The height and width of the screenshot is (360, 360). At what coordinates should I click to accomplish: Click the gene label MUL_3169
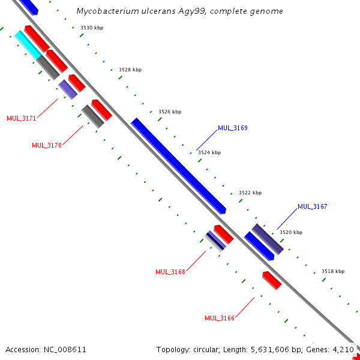coord(233,128)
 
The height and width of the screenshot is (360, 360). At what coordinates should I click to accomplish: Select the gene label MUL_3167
coord(313,207)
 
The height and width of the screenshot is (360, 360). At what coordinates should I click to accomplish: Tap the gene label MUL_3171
coord(22,118)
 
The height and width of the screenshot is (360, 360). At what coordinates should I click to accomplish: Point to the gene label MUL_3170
coord(47,145)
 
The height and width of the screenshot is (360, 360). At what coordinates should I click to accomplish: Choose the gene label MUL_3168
coord(170,272)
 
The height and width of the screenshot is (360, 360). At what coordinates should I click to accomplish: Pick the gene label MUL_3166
coord(220,318)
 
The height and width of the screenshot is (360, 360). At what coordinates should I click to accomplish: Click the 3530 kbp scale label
coord(92,28)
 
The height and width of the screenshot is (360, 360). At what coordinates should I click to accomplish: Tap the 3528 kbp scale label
coord(130,70)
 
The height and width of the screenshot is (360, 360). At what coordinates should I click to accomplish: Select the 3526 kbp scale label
coord(170,112)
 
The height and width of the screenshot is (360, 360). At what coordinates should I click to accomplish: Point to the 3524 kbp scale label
coord(209,152)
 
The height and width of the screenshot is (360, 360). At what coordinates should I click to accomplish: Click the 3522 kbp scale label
coord(250,193)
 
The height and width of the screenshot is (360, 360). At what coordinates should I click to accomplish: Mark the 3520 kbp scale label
coord(291,232)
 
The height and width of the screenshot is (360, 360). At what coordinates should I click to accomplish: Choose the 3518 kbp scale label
coord(333,271)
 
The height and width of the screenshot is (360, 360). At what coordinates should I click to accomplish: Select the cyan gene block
coord(26,44)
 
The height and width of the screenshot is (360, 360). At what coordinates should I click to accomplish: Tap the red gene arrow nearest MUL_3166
coord(272,280)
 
